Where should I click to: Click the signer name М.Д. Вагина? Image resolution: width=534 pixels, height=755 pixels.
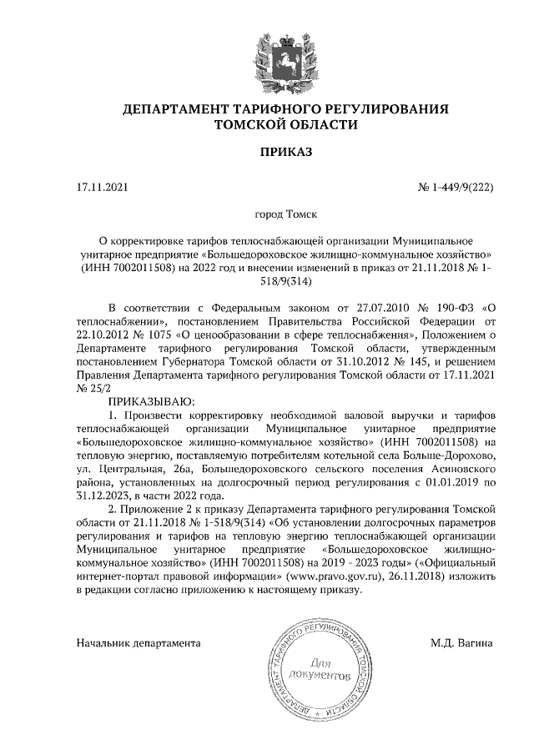click(x=461, y=644)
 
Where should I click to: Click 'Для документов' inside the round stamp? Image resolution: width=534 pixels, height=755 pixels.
click(x=316, y=667)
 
